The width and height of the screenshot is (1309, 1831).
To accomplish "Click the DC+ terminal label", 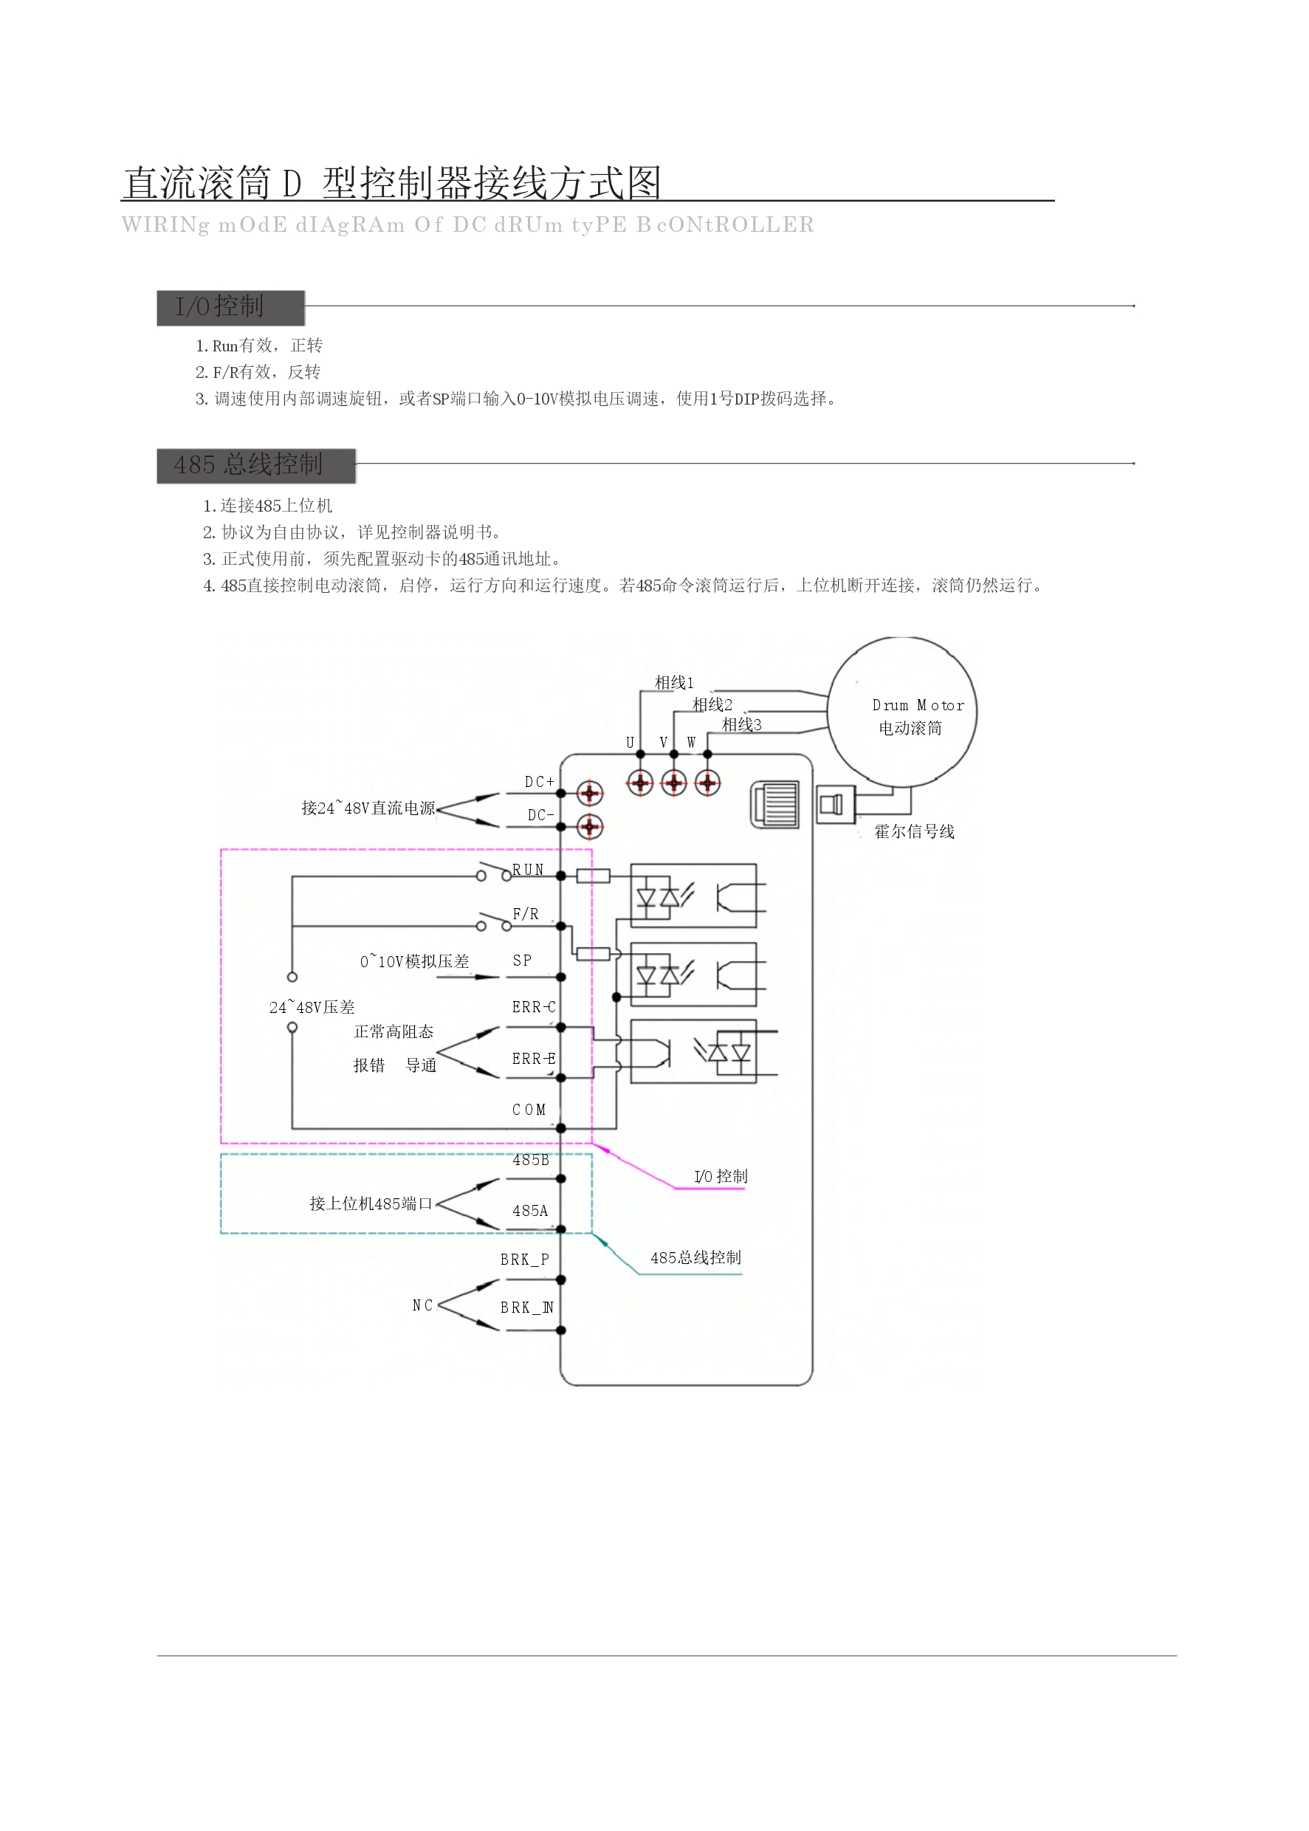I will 539,782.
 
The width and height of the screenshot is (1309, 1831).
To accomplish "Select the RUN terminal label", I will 528,870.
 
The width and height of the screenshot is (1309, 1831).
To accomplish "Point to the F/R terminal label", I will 526,914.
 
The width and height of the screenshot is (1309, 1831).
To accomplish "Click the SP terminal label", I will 522,960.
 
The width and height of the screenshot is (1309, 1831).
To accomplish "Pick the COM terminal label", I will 529,1110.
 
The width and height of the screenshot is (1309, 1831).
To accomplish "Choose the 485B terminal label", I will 530,1160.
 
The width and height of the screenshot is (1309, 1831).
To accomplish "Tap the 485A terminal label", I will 529,1211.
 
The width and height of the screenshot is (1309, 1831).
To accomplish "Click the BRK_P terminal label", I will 525,1260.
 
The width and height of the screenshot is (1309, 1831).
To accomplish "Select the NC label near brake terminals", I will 422,1305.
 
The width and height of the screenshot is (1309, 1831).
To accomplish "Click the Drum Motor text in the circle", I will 918,705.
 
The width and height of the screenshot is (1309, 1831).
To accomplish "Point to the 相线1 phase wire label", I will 674,683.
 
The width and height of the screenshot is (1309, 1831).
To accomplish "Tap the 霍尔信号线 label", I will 914,831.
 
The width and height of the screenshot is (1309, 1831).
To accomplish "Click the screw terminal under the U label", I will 641,782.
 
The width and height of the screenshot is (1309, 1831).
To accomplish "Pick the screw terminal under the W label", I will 708,782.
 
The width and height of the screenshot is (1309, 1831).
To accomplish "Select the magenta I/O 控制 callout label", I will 721,1177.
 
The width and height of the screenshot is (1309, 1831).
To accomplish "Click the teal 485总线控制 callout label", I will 695,1257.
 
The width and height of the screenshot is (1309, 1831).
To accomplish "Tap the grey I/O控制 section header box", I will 230,307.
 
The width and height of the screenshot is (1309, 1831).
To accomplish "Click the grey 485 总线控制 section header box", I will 255,465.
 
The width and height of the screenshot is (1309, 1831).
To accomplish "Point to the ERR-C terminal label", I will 534,1006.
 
